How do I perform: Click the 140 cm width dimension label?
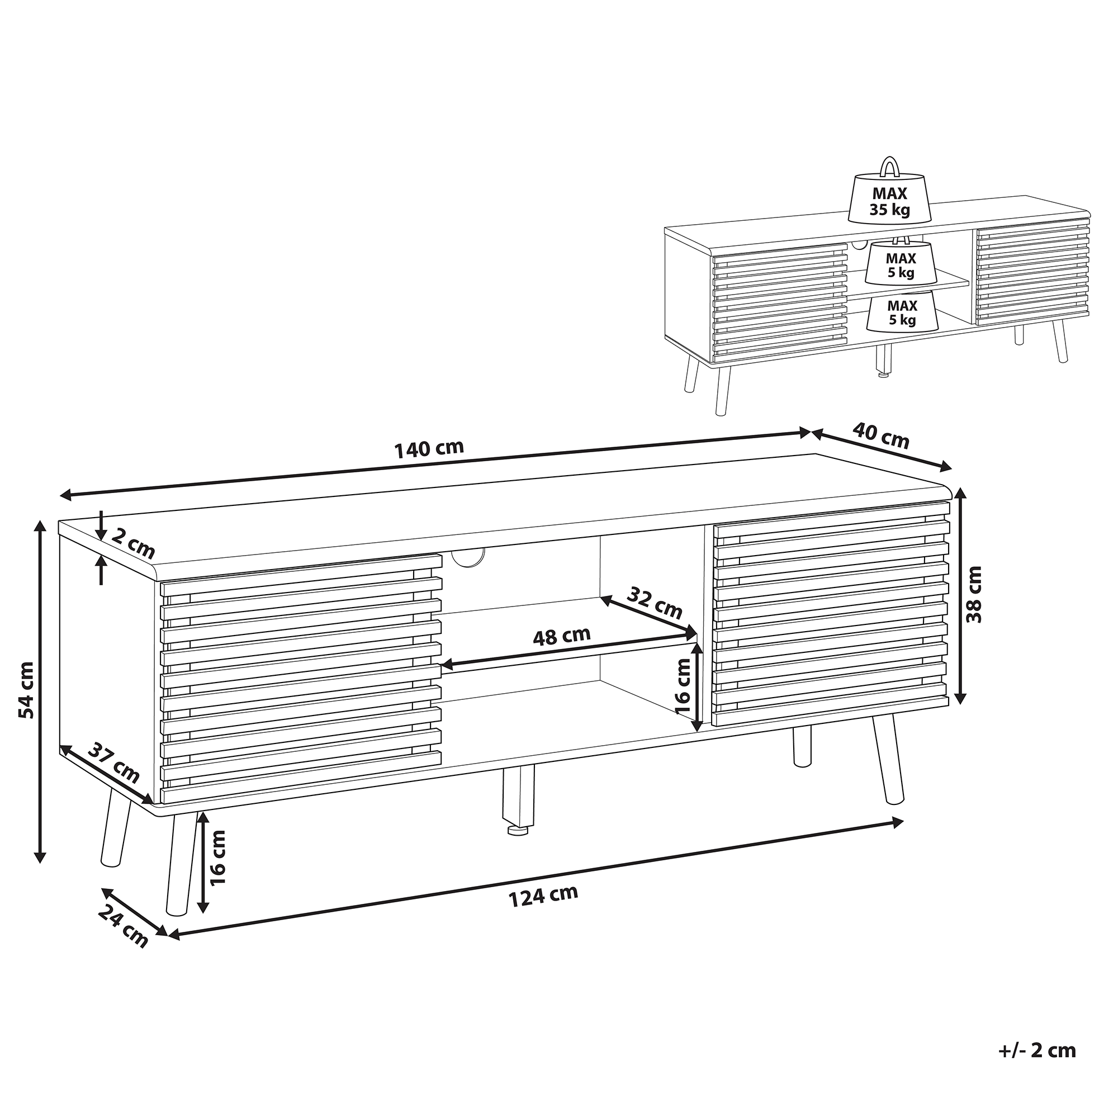coord(429,448)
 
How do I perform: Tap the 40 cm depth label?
coord(881,434)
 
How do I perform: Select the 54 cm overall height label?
coord(26,689)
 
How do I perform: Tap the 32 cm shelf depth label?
coord(656,602)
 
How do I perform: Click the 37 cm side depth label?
coord(114,763)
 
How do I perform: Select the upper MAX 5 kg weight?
coord(901,260)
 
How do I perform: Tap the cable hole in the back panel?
coord(467,557)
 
